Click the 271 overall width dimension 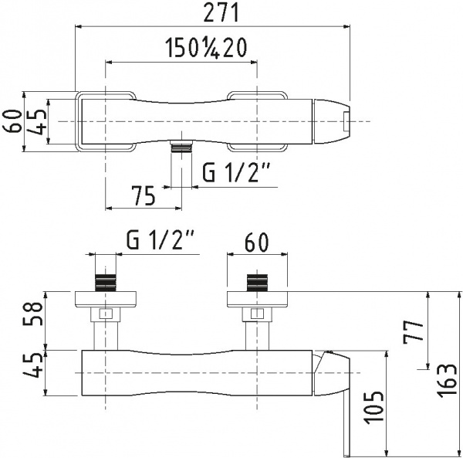[221, 14]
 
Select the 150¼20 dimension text [205, 48]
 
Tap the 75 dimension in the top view [144, 195]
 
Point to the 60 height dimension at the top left [12, 121]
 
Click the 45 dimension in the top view [38, 122]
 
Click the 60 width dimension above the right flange [256, 242]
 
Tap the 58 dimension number [32, 314]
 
